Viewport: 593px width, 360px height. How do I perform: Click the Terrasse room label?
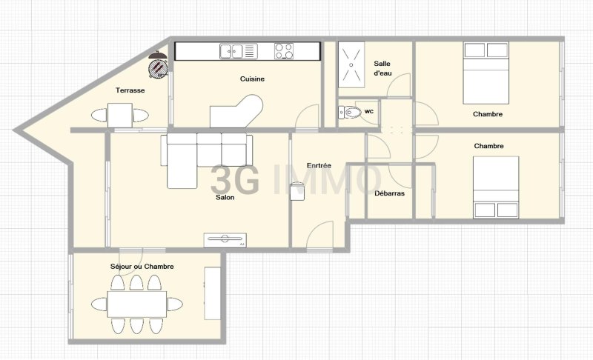pos(130,90)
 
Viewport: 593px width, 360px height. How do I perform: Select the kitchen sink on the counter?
pos(239,51)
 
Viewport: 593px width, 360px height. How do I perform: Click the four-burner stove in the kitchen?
pos(284,51)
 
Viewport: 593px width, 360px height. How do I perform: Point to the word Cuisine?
pos(252,79)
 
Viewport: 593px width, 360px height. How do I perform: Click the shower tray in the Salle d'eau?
pos(351,64)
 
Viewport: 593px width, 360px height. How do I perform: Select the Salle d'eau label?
pos(382,68)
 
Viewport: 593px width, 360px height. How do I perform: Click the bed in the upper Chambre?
pos(486,73)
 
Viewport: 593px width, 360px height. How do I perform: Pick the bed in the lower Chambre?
pos(496,187)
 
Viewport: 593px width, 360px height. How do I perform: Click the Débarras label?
pos(390,193)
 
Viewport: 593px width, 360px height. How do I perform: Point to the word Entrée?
pos(319,165)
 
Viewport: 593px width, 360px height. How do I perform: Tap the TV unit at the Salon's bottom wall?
pos(225,240)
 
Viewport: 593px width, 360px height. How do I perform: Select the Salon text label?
pos(225,197)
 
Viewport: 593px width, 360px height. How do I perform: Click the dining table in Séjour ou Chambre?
pos(137,304)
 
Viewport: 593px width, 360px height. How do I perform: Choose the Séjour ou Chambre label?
pos(142,267)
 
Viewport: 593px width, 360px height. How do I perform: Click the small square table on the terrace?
pos(120,116)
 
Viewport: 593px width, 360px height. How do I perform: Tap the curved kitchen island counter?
pos(236,111)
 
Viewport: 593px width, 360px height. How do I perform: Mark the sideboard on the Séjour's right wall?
pos(213,293)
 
